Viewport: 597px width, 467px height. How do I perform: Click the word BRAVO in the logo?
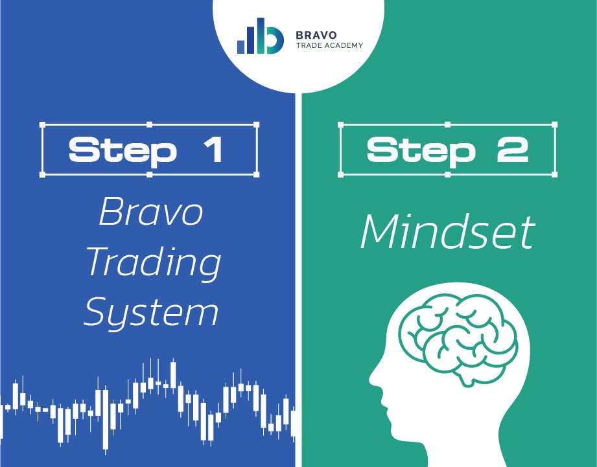[316, 35]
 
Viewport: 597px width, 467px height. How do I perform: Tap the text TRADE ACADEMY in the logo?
[329, 45]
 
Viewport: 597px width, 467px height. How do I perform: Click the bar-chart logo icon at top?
[261, 36]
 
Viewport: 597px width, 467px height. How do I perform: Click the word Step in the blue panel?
[123, 152]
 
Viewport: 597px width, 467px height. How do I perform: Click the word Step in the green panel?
[421, 152]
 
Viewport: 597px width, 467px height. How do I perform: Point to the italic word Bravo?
[151, 211]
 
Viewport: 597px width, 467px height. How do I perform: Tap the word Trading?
[154, 262]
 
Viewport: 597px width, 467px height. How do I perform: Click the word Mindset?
[448, 232]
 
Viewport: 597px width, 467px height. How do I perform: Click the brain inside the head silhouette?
[458, 337]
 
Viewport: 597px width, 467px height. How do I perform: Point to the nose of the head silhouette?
[373, 378]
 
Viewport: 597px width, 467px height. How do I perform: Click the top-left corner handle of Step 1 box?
[42, 125]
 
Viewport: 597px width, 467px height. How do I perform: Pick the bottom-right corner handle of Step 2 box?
[554, 174]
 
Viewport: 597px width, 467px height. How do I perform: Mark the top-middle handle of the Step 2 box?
[447, 125]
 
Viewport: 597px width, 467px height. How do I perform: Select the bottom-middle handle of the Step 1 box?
[149, 174]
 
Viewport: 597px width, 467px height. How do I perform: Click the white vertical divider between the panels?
[298, 280]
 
